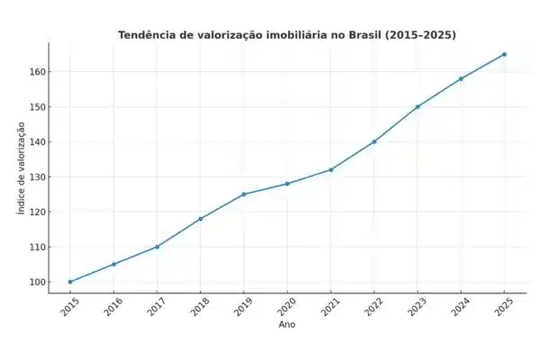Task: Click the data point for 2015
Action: (x=70, y=282)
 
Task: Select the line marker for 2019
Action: (x=244, y=194)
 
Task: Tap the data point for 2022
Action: (x=374, y=141)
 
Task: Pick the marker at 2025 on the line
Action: (x=504, y=54)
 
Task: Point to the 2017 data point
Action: (x=157, y=247)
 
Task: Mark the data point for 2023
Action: (x=418, y=106)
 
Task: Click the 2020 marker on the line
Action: (x=287, y=184)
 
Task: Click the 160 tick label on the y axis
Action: (x=34, y=72)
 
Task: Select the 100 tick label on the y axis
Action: (x=34, y=282)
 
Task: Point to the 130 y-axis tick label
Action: (x=34, y=177)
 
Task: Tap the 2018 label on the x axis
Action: (x=200, y=306)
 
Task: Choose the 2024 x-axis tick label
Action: (x=460, y=306)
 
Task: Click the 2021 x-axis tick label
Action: (x=329, y=306)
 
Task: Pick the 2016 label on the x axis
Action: (x=112, y=306)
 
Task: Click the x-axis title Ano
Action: (x=287, y=325)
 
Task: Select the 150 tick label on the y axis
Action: (x=34, y=107)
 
